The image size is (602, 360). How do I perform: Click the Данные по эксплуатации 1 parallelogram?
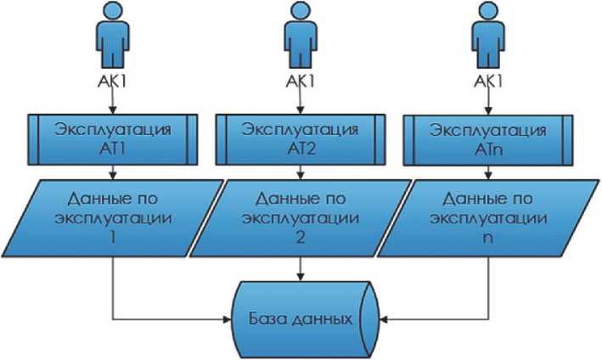[113, 217]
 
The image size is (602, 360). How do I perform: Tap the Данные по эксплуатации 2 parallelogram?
[299, 217]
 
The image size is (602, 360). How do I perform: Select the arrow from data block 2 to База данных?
[299, 267]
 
